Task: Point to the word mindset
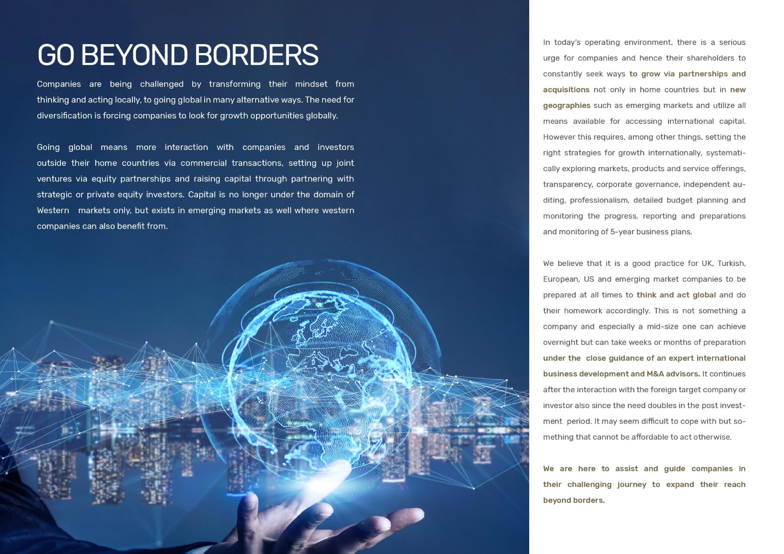pos(311,84)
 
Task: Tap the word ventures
pos(54,179)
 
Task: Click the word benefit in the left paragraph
pos(132,226)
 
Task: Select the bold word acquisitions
pos(566,90)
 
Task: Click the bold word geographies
pos(566,105)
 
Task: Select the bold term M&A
pos(655,374)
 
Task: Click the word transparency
pos(567,185)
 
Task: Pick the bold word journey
pos(632,485)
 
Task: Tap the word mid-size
pos(663,327)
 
